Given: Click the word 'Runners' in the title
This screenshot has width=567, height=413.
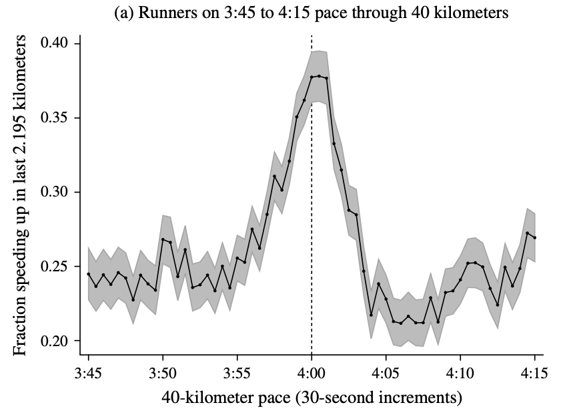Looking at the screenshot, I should [165, 13].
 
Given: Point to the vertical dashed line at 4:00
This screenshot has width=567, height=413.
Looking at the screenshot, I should [312, 200].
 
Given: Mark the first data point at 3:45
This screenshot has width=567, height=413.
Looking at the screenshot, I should [88, 274].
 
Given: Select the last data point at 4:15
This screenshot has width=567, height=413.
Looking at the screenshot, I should [535, 238].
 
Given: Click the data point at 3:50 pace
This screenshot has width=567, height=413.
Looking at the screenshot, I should [163, 239].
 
